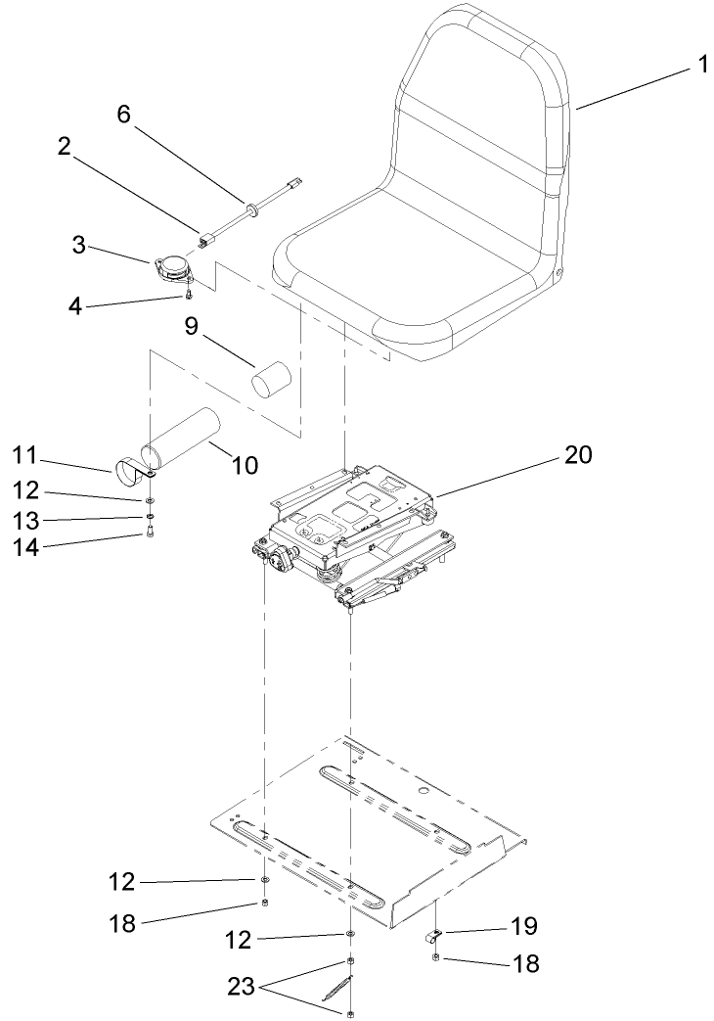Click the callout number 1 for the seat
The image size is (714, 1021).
pos(701,66)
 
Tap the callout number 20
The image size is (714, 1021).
pos(577,454)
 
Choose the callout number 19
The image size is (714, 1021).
pos(523,925)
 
